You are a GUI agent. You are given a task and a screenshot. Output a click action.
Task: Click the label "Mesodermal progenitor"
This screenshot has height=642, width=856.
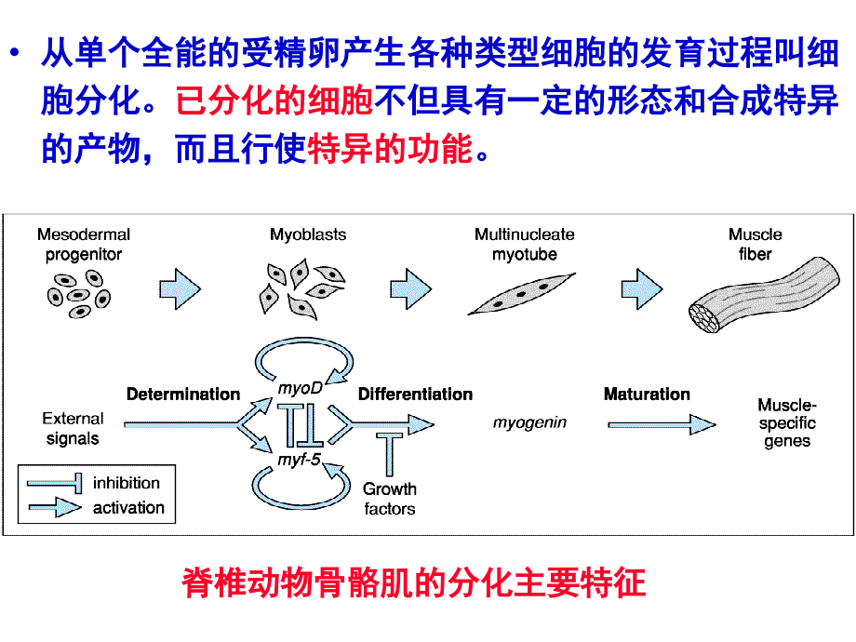(84, 244)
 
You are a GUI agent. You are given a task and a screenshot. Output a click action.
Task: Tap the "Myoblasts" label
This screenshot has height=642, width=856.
(308, 235)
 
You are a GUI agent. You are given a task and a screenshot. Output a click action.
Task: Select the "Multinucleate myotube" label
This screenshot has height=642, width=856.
(525, 244)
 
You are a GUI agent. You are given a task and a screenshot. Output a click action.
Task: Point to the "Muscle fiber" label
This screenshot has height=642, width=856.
(755, 244)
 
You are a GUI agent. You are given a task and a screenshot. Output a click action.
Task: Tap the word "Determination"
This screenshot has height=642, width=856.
(183, 395)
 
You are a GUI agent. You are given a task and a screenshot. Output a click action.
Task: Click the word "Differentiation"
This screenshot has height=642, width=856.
(415, 395)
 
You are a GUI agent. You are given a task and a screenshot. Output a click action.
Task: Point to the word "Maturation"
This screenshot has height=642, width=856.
(647, 395)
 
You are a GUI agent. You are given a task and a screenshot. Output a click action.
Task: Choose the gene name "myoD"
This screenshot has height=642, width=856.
(301, 388)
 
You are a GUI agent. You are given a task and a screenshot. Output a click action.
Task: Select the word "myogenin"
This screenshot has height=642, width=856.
(529, 422)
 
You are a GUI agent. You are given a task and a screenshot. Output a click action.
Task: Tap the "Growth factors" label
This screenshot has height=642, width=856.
(390, 499)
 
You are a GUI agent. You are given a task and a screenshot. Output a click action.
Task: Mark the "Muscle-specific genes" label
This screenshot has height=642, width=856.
(786, 423)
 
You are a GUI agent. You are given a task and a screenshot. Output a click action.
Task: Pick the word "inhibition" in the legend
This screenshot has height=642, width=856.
(127, 483)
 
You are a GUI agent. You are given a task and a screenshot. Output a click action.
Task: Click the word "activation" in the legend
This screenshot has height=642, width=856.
(128, 508)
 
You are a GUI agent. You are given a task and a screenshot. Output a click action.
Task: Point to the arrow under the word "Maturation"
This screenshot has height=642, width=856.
(662, 425)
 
